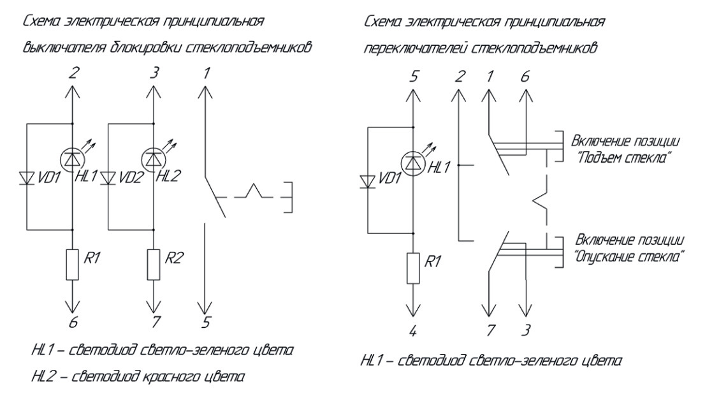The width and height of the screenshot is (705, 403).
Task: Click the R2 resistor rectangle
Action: (154, 265)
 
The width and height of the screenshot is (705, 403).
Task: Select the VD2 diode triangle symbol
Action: (108, 178)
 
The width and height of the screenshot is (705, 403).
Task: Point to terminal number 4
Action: (413, 332)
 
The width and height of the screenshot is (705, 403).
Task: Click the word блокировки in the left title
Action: (146, 47)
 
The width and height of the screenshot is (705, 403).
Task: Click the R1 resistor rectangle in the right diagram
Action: (413, 268)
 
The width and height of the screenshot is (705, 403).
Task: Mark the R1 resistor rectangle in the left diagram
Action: (73, 265)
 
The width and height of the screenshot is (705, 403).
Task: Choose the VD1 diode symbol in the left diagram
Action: (27, 178)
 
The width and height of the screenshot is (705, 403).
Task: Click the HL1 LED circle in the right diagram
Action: (413, 163)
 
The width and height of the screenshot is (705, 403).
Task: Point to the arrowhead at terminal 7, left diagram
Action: (154, 307)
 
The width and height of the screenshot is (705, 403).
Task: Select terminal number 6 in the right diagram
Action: (525, 77)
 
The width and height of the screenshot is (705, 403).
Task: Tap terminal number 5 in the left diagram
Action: (206, 322)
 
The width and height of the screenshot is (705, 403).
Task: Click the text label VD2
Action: (131, 178)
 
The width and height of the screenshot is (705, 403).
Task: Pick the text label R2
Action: (174, 258)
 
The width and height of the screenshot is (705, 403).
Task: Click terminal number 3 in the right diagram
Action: (525, 330)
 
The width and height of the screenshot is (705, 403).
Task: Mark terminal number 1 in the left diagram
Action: (207, 73)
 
